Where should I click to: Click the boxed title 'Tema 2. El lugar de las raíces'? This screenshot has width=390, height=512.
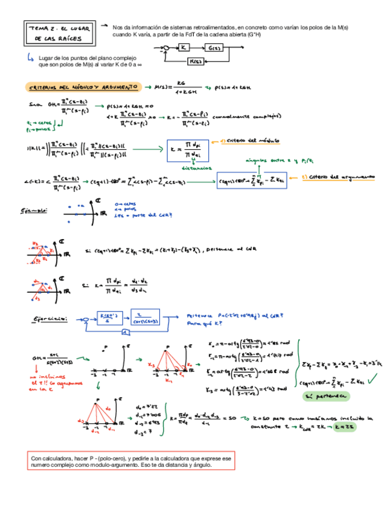(58, 33)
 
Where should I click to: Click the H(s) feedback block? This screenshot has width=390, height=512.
(196, 61)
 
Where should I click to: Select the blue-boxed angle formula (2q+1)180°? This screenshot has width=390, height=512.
(252, 179)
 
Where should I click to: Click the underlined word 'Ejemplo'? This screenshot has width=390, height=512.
(34, 210)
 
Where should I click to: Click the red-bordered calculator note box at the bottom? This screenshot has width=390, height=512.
(131, 462)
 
